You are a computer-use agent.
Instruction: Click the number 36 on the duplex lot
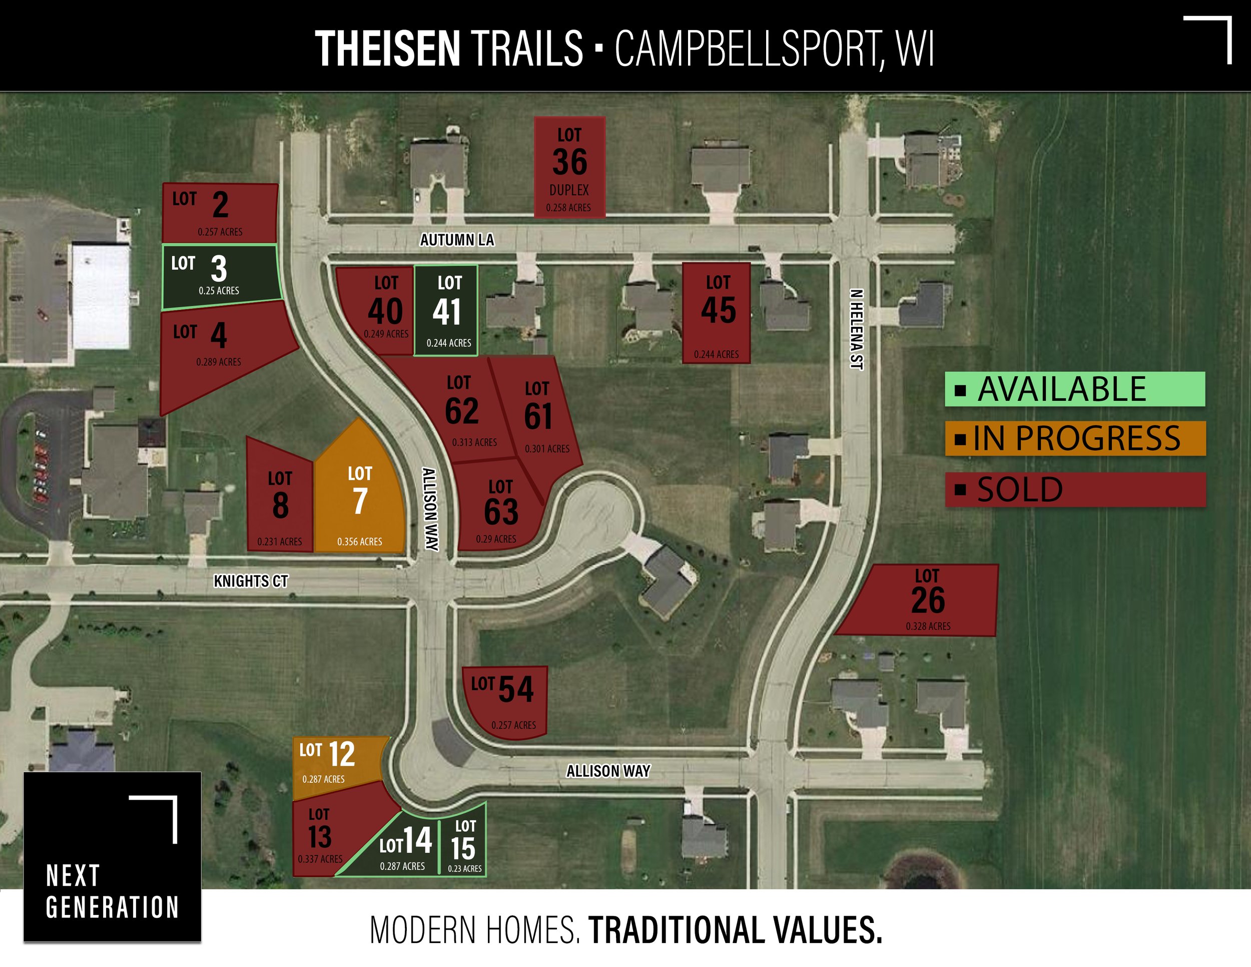pyautogui.click(x=569, y=162)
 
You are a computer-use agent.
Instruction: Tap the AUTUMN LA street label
pyautogui.click(x=456, y=240)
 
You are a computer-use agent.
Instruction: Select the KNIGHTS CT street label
pyautogui.click(x=251, y=582)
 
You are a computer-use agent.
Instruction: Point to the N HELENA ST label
pyautogui.click(x=856, y=329)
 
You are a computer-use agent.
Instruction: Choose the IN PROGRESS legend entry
pyautogui.click(x=1075, y=439)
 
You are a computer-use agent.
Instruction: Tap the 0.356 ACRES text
pyautogui.click(x=359, y=542)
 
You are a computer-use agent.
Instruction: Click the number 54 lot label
pyautogui.click(x=515, y=689)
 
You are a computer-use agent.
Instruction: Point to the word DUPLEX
pyautogui.click(x=569, y=190)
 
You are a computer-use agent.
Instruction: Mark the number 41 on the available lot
pyautogui.click(x=447, y=313)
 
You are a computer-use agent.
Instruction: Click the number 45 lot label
pyautogui.click(x=718, y=310)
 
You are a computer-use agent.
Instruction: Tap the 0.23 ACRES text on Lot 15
pyautogui.click(x=464, y=868)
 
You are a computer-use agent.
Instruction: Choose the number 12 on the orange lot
pyautogui.click(x=341, y=754)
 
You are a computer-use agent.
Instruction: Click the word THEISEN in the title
pyautogui.click(x=387, y=49)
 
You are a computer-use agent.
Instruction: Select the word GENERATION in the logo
pyautogui.click(x=112, y=907)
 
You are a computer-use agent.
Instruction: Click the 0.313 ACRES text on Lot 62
pyautogui.click(x=474, y=442)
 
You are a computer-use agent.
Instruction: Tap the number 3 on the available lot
pyautogui.click(x=219, y=269)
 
